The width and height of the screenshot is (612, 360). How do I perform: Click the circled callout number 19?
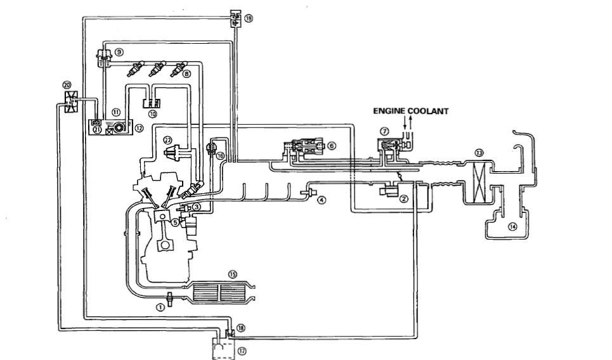[x=249, y=19]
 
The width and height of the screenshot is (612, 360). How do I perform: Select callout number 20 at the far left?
[x=67, y=84]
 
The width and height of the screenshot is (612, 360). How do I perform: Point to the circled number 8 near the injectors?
[x=186, y=74]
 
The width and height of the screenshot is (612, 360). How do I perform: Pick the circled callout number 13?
[x=479, y=152]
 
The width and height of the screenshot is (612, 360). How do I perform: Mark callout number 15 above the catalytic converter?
[x=232, y=274]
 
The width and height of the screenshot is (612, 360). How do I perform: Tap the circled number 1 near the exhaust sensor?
[x=160, y=306]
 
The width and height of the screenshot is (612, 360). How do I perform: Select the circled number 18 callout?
[x=240, y=327]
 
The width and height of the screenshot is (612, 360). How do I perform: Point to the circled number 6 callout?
[x=330, y=145]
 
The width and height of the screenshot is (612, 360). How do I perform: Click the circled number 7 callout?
[x=384, y=131]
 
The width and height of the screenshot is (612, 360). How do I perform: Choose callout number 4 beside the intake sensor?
[x=322, y=200]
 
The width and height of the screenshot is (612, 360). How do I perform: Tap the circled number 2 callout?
[x=404, y=198]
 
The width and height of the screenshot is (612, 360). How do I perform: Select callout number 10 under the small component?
[x=152, y=115]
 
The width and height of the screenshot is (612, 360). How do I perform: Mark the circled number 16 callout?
[x=221, y=154]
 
